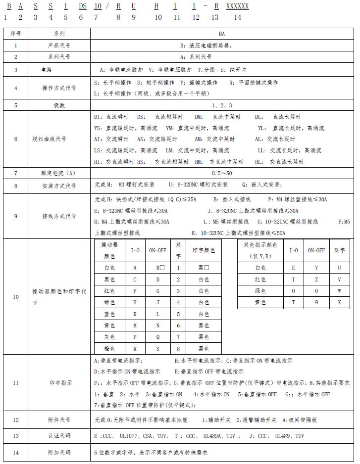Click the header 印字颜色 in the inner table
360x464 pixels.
tap(204, 250)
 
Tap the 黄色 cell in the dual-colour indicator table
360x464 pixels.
tap(260, 302)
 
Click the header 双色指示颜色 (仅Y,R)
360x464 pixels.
tap(260, 250)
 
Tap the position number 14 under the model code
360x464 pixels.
tap(237, 17)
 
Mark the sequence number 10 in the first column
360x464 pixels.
tap(15, 297)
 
